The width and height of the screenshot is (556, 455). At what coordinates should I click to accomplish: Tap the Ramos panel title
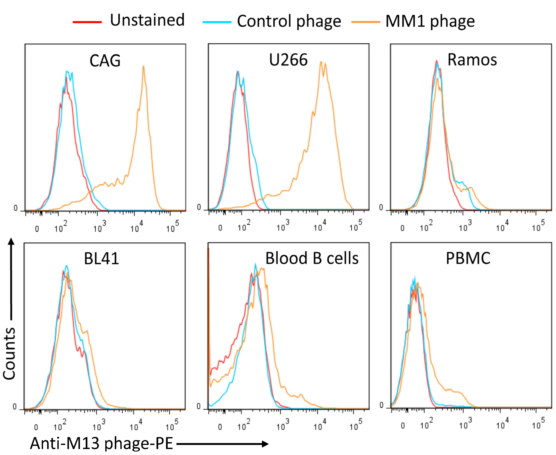[472, 60]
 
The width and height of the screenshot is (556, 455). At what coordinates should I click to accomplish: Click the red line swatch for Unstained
[87, 22]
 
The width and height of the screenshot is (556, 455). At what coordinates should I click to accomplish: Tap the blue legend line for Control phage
[217, 22]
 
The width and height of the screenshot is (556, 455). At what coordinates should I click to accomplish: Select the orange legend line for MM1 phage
[366, 22]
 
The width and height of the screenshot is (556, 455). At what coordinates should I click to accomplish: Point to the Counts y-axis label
[10, 354]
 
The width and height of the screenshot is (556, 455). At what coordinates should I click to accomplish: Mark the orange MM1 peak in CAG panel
[143, 67]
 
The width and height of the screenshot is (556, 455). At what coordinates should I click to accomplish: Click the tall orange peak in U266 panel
[321, 63]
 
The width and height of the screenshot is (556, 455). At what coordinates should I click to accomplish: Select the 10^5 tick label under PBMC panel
[538, 424]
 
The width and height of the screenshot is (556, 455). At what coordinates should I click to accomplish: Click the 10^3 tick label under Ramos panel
[465, 226]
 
